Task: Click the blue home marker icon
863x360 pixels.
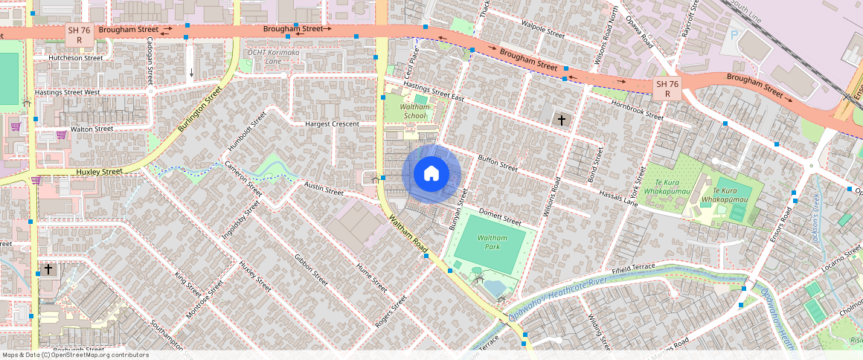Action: pos(431,174)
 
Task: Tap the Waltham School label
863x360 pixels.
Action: pos(414,111)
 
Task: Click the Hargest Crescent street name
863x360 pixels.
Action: pos(332,124)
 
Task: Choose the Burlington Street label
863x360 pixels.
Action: pos(199,111)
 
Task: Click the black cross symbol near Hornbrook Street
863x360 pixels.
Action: pos(561,120)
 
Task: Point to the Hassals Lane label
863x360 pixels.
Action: pos(620,198)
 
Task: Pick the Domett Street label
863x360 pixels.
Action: pos(500,216)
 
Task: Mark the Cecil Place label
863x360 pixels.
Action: pos(409,64)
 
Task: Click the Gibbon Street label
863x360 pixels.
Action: pos(311,271)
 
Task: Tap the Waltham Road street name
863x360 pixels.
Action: pos(405,233)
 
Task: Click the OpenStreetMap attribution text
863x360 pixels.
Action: pos(74,355)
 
